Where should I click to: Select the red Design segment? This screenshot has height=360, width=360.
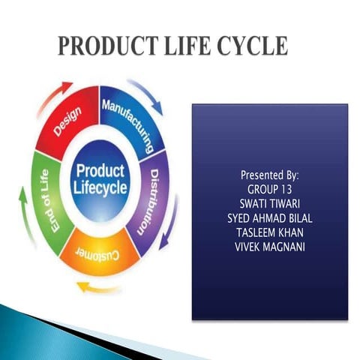point(70,121)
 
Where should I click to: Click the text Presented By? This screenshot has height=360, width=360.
point(269,175)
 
